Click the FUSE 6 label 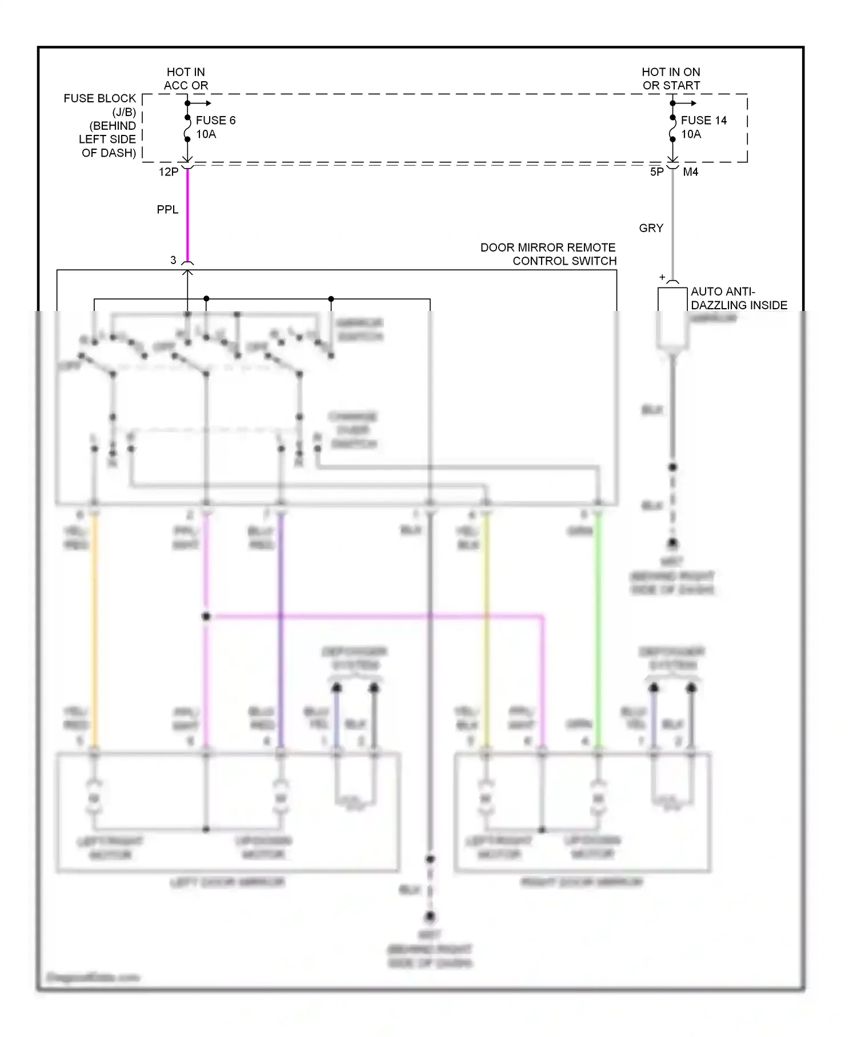point(215,121)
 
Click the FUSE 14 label point(703,121)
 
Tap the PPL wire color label point(167,210)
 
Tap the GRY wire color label point(651,228)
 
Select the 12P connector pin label point(169,172)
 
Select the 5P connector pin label point(657,172)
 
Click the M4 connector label point(690,172)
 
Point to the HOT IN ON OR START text point(671,79)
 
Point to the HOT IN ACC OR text point(186,79)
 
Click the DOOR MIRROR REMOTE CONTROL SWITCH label point(548,254)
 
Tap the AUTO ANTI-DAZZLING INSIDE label point(739,298)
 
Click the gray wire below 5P point(673,223)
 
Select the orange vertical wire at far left point(95,629)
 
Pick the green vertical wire point(598,629)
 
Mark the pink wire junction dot point(206,617)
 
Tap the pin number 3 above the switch point(173,260)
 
